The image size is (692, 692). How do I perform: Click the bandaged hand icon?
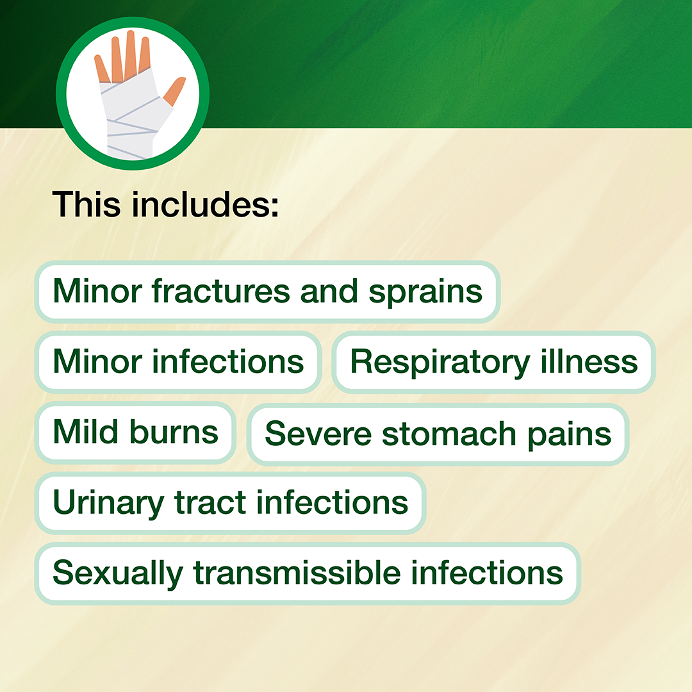coord(133,94)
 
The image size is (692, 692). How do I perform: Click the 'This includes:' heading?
coord(165,204)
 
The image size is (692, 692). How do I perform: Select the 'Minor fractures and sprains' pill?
coord(267,292)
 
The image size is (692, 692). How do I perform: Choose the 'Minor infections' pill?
coord(178,362)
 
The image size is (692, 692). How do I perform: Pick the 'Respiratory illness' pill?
coord(494,362)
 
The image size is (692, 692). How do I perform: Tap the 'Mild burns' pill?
coord(135,432)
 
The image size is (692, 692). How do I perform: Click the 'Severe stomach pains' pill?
coord(438,434)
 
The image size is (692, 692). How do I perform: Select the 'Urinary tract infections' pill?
coord(231,503)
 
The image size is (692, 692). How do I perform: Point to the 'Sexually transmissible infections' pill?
coord(308,573)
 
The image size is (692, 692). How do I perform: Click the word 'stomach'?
coord(449,434)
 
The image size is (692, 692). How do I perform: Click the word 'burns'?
coord(174,432)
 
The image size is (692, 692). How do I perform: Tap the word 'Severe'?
coord(318,434)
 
